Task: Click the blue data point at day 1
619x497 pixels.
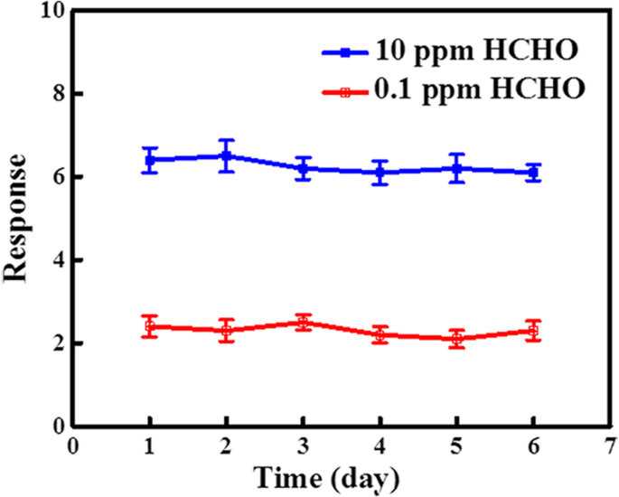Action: [150, 160]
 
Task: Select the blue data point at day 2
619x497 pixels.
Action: [227, 155]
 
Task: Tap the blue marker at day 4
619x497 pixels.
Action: [380, 173]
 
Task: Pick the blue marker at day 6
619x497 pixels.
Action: [534, 173]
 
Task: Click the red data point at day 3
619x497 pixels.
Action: [304, 322]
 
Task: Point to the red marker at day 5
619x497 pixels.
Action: [457, 339]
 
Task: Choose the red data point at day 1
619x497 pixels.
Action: [150, 326]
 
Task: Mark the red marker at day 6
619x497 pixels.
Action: [534, 331]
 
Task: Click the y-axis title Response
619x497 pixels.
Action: [20, 217]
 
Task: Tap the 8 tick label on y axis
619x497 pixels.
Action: [55, 94]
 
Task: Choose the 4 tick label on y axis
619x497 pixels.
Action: [55, 260]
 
